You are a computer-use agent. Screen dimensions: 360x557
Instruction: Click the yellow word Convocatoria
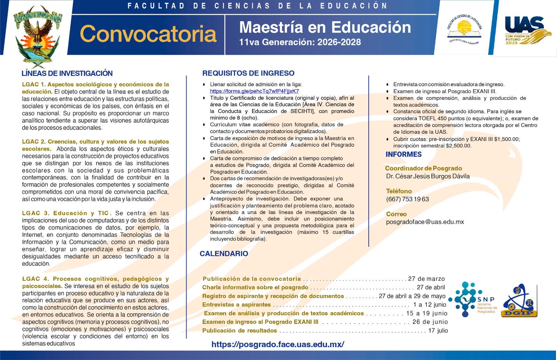(x=148, y=34)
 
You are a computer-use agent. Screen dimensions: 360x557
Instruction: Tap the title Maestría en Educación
(x=325, y=27)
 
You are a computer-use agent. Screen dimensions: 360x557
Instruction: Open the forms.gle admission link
(x=254, y=91)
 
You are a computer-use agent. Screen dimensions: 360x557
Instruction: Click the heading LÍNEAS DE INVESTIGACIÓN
(x=67, y=73)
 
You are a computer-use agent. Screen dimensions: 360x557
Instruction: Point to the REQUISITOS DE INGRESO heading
(x=248, y=73)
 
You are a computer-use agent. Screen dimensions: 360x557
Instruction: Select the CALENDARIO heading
(x=223, y=254)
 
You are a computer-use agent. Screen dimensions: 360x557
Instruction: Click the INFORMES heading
(x=403, y=154)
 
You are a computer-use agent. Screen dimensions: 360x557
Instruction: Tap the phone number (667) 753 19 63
(x=407, y=199)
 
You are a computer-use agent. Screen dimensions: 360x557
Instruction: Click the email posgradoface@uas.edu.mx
(x=425, y=222)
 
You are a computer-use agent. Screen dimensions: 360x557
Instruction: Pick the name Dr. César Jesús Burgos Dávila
(x=427, y=176)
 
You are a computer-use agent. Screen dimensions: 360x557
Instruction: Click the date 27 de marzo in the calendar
(x=426, y=279)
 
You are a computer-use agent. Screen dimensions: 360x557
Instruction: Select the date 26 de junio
(x=430, y=322)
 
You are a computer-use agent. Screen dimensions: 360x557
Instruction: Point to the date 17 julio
(x=438, y=330)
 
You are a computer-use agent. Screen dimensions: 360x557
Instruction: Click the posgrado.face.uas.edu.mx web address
(x=278, y=345)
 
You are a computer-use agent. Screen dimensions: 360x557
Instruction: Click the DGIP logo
(x=519, y=301)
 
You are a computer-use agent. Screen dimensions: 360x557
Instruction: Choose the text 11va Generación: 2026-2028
(x=300, y=42)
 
